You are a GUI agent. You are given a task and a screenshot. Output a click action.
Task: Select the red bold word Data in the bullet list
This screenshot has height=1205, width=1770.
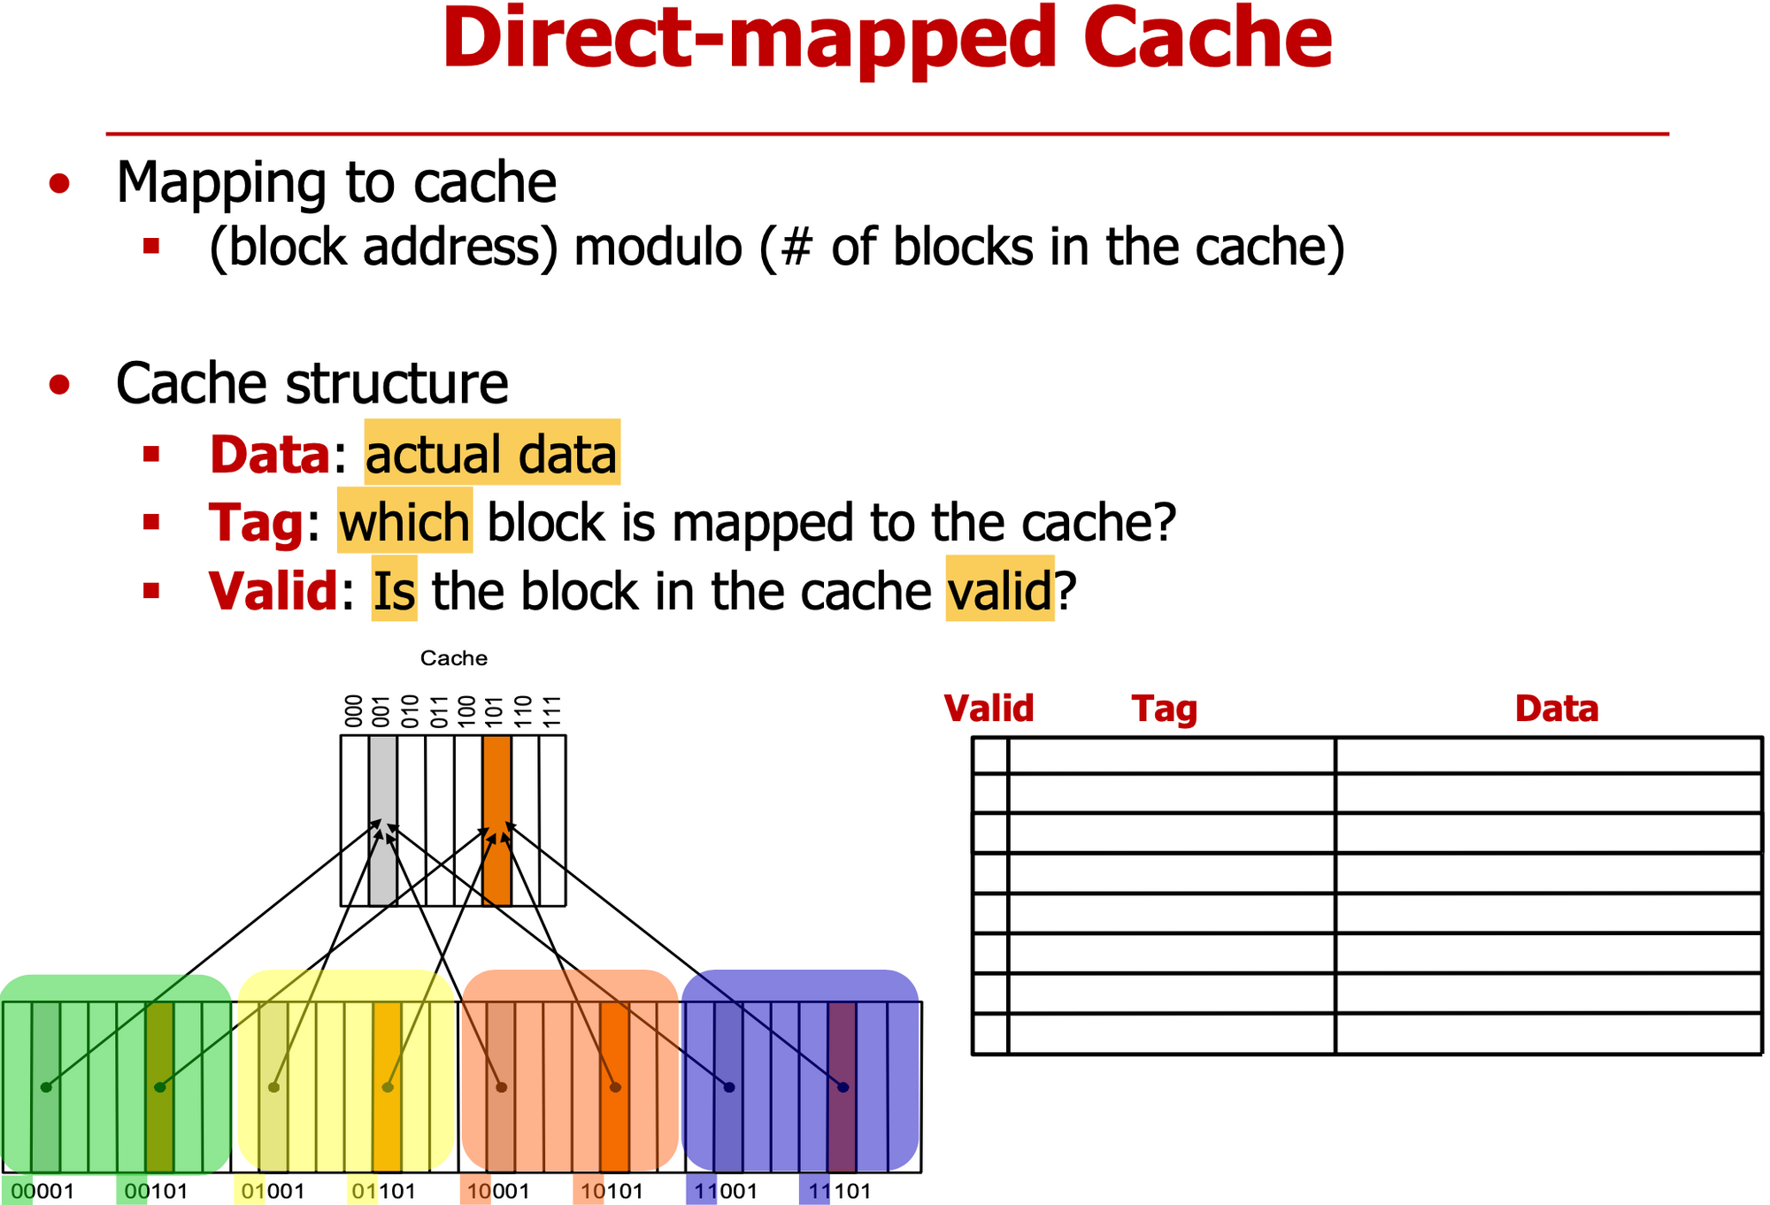[269, 455]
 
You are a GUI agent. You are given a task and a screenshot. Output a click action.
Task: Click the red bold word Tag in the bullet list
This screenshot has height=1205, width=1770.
[256, 523]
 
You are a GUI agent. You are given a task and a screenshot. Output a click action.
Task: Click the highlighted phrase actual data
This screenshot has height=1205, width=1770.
[491, 455]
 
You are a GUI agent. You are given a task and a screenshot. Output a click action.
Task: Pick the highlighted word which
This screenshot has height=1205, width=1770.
[404, 523]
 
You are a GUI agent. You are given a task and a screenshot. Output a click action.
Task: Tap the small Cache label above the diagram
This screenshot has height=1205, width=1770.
[453, 658]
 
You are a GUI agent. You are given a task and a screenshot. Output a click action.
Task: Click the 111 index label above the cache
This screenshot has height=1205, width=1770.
[552, 711]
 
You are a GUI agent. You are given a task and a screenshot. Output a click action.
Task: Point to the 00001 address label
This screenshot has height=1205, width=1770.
[42, 1191]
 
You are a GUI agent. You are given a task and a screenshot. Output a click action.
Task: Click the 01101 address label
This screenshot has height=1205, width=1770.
[383, 1191]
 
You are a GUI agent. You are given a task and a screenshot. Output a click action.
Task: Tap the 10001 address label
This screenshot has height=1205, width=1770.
[497, 1191]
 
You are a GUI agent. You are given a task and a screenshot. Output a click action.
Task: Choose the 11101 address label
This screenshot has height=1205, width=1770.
[839, 1191]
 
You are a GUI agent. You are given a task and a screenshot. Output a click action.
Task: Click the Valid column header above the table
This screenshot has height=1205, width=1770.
[989, 709]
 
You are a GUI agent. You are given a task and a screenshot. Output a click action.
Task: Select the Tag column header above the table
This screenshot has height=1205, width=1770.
[1165, 709]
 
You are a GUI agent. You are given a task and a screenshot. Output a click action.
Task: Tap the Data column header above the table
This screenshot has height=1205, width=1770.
[1557, 709]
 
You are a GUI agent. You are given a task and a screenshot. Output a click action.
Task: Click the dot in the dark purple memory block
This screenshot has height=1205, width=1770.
[843, 1087]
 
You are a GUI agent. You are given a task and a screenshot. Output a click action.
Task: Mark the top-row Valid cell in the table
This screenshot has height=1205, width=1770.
[990, 756]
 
